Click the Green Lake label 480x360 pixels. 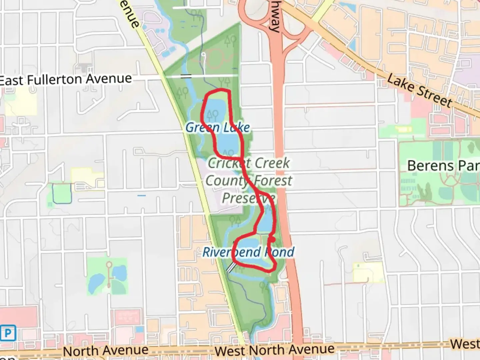pyautogui.click(x=218, y=127)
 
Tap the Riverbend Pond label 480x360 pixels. pyautogui.click(x=248, y=252)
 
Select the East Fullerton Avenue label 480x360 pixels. pyautogui.click(x=66, y=80)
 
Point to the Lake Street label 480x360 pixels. pyautogui.click(x=420, y=91)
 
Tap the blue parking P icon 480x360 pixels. pyautogui.click(x=7, y=333)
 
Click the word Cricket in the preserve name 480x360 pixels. pyautogui.click(x=230, y=163)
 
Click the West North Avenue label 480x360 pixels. pyautogui.click(x=274, y=350)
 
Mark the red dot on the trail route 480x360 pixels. pyautogui.click(x=272, y=239)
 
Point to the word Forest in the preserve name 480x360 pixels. pyautogui.click(x=273, y=181)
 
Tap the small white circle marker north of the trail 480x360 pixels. pyautogui.click(x=203, y=54)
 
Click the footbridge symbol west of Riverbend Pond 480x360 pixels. pyautogui.click(x=231, y=267)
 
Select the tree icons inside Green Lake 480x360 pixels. pyautogui.click(x=212, y=115)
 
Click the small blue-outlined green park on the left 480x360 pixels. pyautogui.click(x=62, y=193)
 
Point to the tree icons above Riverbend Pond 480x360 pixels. pyautogui.click(x=235, y=220)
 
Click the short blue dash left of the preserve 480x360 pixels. pyautogui.click(x=142, y=195)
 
